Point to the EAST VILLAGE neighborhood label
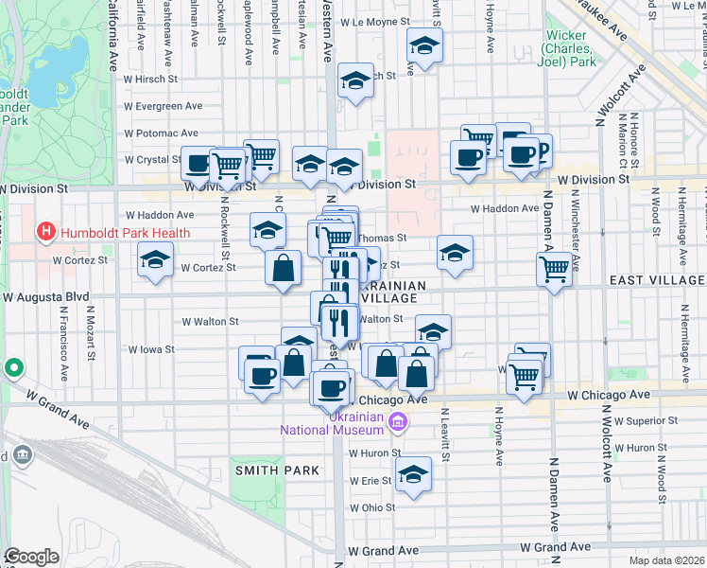(x=657, y=280)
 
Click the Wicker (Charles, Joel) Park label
(x=571, y=50)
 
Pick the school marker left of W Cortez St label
(x=155, y=260)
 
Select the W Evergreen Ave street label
(x=168, y=106)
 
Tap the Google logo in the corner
(x=31, y=557)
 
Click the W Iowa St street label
(x=152, y=349)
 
